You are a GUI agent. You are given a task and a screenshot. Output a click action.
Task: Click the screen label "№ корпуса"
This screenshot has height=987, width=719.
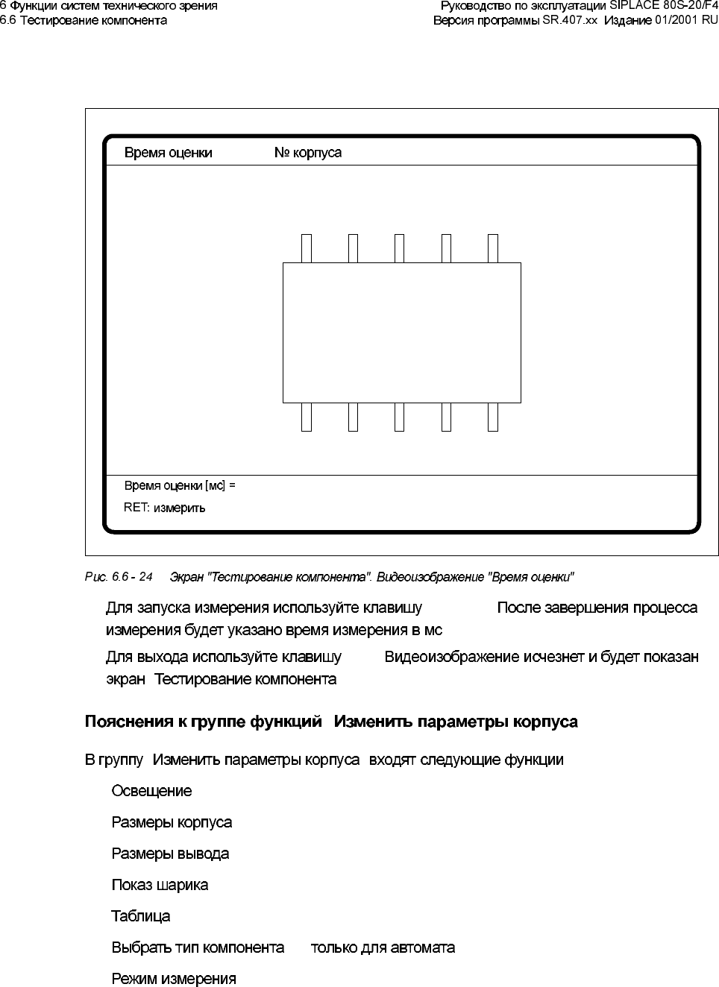coord(307,153)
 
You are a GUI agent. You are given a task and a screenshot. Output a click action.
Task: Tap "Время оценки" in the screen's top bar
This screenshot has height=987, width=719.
coord(168,153)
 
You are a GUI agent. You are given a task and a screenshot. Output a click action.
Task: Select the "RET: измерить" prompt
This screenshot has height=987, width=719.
coord(164,508)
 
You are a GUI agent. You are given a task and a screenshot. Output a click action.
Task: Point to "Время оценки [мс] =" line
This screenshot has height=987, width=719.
coord(179,485)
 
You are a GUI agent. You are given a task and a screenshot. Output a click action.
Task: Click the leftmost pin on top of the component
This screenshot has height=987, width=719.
coord(306,248)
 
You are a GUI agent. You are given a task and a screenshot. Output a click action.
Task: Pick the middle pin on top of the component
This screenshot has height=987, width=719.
coord(399,248)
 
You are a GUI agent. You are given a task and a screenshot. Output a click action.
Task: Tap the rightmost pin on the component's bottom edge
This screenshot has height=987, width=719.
coord(492,417)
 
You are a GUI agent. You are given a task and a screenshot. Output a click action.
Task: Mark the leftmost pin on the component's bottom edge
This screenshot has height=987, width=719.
coord(306,417)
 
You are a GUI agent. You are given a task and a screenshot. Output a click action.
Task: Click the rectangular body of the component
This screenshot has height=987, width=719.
coord(401,332)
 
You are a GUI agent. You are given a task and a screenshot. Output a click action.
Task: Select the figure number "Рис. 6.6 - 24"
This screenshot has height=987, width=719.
coord(119,577)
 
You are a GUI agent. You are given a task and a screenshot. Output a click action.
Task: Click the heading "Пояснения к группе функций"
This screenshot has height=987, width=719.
coord(204,722)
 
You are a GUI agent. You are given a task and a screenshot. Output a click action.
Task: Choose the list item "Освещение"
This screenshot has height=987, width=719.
coord(151,791)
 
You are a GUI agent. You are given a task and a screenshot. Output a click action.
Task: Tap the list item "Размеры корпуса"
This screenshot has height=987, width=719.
coord(172,822)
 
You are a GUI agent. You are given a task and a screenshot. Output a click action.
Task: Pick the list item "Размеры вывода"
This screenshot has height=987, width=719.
coord(170,854)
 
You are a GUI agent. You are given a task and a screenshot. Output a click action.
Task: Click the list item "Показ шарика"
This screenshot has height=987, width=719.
coord(160,885)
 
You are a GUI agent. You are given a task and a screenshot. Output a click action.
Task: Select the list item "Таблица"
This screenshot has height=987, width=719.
coord(140,916)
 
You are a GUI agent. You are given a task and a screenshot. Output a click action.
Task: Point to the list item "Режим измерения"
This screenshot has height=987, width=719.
coord(174,979)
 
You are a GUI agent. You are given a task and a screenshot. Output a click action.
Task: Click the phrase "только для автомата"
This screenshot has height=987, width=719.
coord(383,947)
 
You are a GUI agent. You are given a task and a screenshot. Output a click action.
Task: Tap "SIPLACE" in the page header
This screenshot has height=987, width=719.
coord(634,6)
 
